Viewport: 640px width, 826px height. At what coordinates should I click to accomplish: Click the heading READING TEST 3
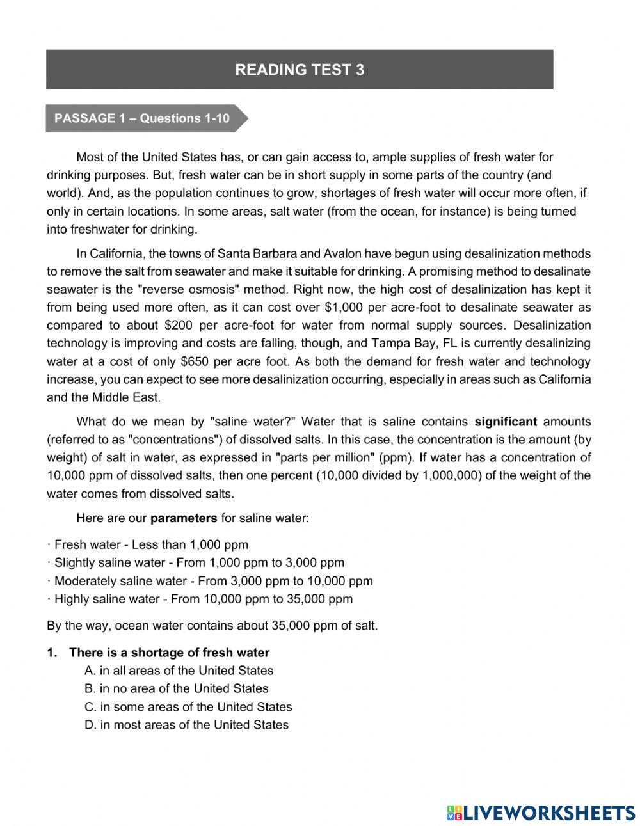coord(300,70)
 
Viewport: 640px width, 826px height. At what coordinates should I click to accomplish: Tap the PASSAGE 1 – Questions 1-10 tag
coord(142,118)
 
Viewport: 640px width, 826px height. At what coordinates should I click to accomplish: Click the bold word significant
coord(506,422)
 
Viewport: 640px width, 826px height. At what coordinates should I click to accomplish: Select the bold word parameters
coord(184,518)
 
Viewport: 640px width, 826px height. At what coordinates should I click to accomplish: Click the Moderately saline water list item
coord(212,581)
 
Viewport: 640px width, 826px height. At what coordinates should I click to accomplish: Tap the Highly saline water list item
coord(203,600)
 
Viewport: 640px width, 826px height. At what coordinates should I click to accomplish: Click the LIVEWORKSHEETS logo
coord(541,812)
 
